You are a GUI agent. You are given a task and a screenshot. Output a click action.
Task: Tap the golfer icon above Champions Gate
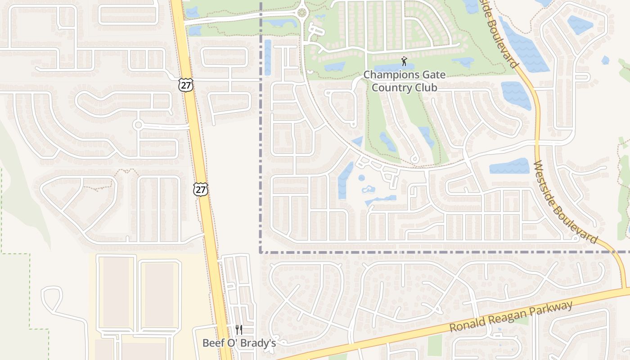point(404,61)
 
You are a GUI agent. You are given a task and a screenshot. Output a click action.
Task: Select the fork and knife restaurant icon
point(239,330)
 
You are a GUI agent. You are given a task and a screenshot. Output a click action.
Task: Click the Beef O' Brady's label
point(238,343)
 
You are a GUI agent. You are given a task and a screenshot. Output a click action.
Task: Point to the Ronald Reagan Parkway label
point(511,317)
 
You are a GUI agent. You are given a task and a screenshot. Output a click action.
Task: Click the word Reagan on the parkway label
point(507,319)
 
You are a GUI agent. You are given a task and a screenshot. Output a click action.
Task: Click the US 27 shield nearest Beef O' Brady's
point(201,189)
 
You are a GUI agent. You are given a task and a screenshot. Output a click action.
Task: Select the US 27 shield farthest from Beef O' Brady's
point(185,85)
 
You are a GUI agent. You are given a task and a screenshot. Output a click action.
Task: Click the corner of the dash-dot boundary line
point(261,252)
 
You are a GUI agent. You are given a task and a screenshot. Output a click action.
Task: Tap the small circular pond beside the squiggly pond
point(361,178)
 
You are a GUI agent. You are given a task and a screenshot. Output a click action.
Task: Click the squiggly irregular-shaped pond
point(369,189)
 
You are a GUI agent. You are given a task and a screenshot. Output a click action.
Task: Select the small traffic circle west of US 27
point(138,125)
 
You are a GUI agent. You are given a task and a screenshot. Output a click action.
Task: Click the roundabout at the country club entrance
point(302,13)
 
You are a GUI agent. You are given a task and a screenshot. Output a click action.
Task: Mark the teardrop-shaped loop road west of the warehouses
point(52,297)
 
